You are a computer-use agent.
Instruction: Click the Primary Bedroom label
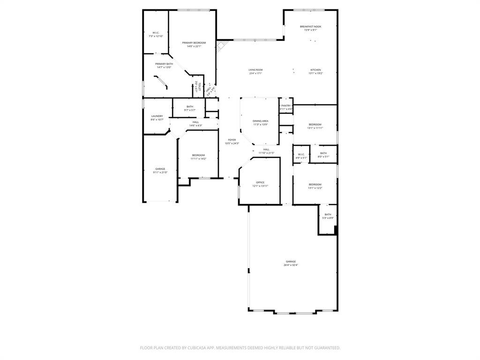pyautogui.click(x=194, y=43)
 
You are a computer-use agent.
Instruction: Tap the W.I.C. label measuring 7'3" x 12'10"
pyautogui.click(x=156, y=33)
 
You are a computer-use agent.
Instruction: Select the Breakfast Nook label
pyautogui.click(x=310, y=27)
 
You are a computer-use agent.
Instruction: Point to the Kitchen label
pyautogui.click(x=315, y=70)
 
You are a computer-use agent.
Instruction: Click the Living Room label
pyautogui.click(x=255, y=70)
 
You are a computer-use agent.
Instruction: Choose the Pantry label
pyautogui.click(x=286, y=106)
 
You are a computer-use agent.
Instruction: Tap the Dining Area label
pyautogui.click(x=261, y=121)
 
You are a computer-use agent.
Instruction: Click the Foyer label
pyautogui.click(x=232, y=140)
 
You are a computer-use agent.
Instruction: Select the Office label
pyautogui.click(x=260, y=182)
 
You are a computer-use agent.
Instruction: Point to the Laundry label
pyautogui.click(x=157, y=116)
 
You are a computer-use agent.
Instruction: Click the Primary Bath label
pyautogui.click(x=164, y=64)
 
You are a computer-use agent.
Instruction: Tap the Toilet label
pyautogui.click(x=199, y=87)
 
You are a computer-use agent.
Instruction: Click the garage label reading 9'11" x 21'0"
pyautogui.click(x=160, y=172)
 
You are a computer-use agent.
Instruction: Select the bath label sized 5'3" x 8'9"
pyautogui.click(x=328, y=218)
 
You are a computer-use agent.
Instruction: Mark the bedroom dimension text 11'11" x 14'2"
pyautogui.click(x=198, y=159)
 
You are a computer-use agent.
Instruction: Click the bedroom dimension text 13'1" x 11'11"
pyautogui.click(x=315, y=128)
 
